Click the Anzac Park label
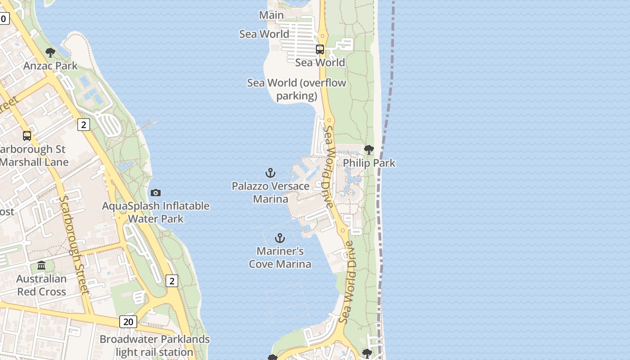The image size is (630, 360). point(50,66)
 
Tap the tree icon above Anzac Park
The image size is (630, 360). point(50,53)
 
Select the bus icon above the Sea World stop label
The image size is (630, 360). point(320,49)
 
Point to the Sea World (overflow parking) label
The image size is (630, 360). point(297,89)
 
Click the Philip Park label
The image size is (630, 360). point(369,163)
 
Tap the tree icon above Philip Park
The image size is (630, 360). point(369,149)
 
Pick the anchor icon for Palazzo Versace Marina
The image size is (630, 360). point(270,173)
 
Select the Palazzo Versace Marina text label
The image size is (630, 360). point(270,192)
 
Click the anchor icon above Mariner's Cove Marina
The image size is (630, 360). point(280,238)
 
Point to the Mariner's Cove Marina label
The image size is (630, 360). point(280,257)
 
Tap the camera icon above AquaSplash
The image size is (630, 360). point(156,193)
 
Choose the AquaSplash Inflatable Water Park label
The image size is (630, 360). point(156,212)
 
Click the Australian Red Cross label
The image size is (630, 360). point(41,285)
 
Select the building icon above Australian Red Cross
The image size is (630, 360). point(41,265)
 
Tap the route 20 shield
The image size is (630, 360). point(129,322)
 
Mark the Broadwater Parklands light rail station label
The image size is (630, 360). point(155,346)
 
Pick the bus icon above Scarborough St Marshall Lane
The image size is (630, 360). point(27,135)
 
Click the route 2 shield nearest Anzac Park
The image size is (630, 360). point(84,125)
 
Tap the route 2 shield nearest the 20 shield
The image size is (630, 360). point(172,281)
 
